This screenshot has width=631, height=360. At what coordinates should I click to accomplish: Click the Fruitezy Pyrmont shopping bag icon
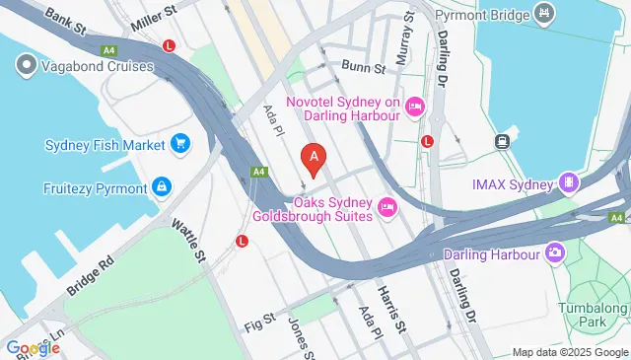[x=160, y=186]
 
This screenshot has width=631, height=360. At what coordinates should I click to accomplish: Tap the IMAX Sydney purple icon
[x=568, y=182]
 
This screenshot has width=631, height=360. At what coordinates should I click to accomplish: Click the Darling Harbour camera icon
[x=556, y=253]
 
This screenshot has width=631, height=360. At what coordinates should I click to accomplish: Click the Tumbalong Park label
[x=598, y=315]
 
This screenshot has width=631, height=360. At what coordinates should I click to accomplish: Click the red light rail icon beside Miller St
[x=170, y=45]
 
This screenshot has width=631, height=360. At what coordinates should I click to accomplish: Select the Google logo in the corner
[x=33, y=348]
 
